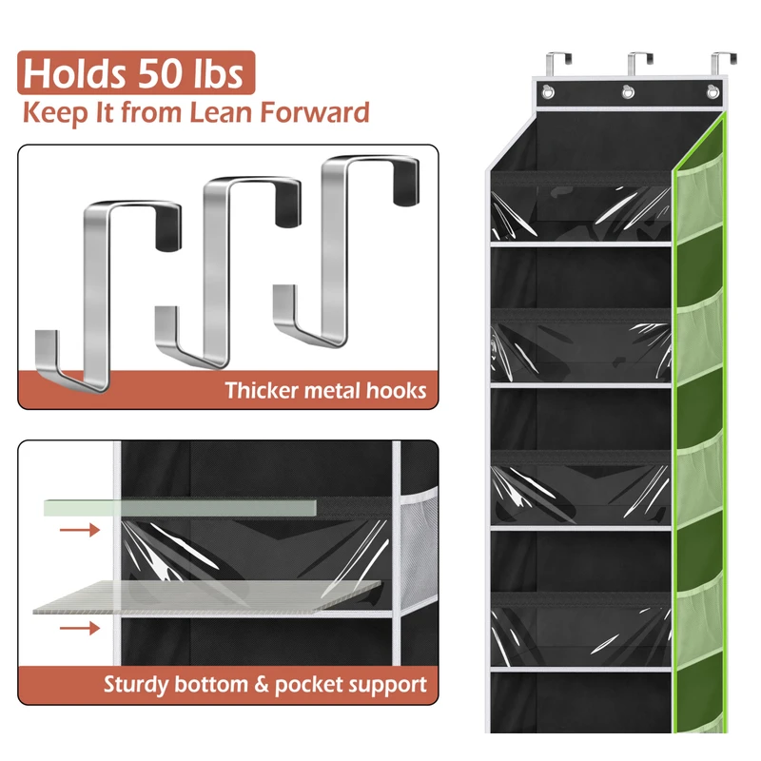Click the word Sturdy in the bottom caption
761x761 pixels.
click(136, 683)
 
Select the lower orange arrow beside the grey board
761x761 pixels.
click(79, 627)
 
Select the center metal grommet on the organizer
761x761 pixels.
click(628, 92)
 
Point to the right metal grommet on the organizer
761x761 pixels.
click(710, 92)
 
